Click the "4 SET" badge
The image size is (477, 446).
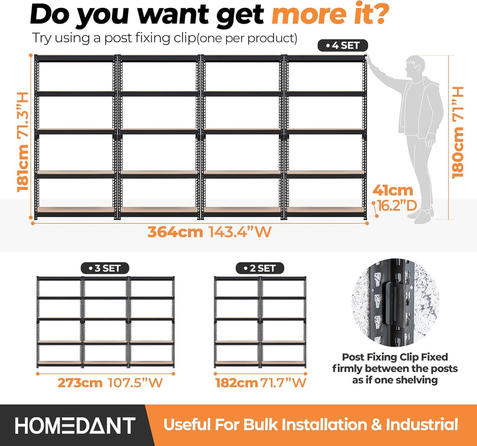342,46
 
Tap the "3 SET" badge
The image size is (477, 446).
105,268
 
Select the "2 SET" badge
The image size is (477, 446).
260,268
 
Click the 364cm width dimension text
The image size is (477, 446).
175,232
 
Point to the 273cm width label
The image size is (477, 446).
80,383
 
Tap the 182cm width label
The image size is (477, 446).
237,383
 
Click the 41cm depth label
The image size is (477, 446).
393,190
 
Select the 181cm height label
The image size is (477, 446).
22,168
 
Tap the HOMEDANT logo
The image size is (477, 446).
75,426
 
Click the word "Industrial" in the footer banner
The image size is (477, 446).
422,425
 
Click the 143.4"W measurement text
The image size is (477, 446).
240,232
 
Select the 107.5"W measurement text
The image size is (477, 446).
136,383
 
